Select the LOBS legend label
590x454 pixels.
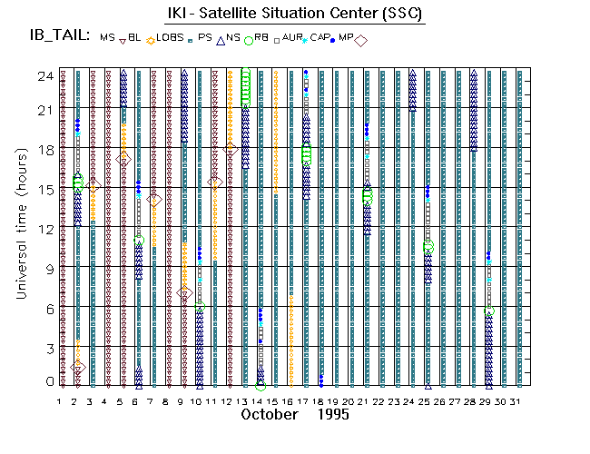click(x=170, y=37)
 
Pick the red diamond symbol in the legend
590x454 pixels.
click(x=360, y=40)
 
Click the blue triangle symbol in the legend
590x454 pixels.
click(x=220, y=40)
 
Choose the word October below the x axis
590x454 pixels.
click(x=270, y=414)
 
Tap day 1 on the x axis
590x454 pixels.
click(x=61, y=400)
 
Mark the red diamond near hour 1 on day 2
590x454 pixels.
click(x=78, y=367)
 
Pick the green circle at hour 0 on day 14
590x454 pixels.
click(x=261, y=385)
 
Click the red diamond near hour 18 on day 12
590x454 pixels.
click(x=231, y=148)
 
